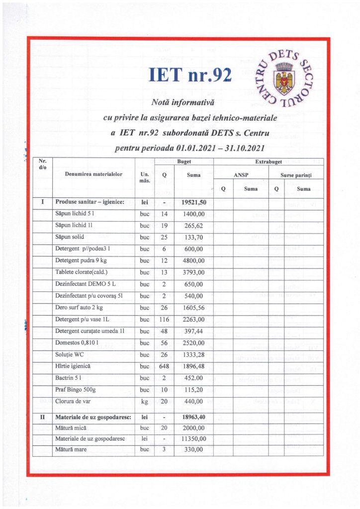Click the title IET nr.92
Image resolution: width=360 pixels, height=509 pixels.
pyautogui.click(x=190, y=75)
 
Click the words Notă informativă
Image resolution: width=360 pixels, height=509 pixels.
pyautogui.click(x=182, y=103)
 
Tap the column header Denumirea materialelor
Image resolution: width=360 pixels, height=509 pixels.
pyautogui.click(x=93, y=174)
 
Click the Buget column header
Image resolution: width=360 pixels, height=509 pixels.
pyautogui.click(x=184, y=162)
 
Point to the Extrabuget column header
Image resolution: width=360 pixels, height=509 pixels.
pyautogui.click(x=269, y=162)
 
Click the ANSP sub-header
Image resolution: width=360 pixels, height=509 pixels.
pyautogui.click(x=241, y=175)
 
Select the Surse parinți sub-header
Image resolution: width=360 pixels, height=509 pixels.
pyautogui.click(x=295, y=175)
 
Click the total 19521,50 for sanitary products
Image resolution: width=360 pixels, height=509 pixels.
pyautogui.click(x=193, y=202)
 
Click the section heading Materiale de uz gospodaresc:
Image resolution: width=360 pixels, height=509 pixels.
pyautogui.click(x=93, y=417)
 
